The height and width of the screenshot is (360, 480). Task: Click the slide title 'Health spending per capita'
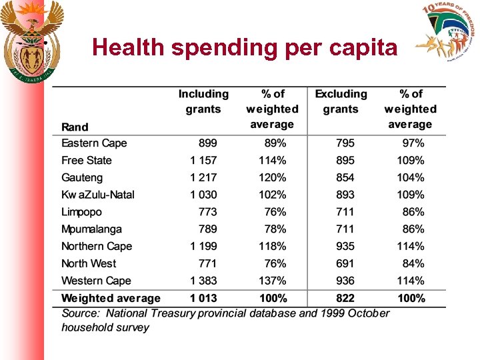pos(245,47)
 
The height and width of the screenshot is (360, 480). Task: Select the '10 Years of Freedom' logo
pos(446,33)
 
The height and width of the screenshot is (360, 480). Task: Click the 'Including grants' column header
pos(203,101)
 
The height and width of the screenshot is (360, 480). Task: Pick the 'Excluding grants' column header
pos(341,101)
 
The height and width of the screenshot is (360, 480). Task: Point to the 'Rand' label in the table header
pos(75,127)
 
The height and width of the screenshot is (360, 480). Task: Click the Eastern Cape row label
pos(94,143)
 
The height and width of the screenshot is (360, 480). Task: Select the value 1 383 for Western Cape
pos(203,281)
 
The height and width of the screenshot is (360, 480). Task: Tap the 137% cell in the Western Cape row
pos(273,281)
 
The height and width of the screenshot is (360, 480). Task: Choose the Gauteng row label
pos(82,178)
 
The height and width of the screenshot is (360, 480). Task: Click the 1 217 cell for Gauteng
pos(203,178)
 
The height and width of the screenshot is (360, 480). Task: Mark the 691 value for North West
pos(345,263)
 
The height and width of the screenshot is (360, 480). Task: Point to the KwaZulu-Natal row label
pos(98,195)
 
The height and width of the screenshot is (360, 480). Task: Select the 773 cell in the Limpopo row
pos(207,212)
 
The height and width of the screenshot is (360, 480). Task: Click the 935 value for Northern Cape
pos(345,246)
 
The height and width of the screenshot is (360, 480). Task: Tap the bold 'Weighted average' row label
pos(111,298)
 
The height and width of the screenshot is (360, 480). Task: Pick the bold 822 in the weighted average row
pos(345,298)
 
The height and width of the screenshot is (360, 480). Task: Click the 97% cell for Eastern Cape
pos(413,143)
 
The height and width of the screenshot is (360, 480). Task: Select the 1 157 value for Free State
pos(203,161)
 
